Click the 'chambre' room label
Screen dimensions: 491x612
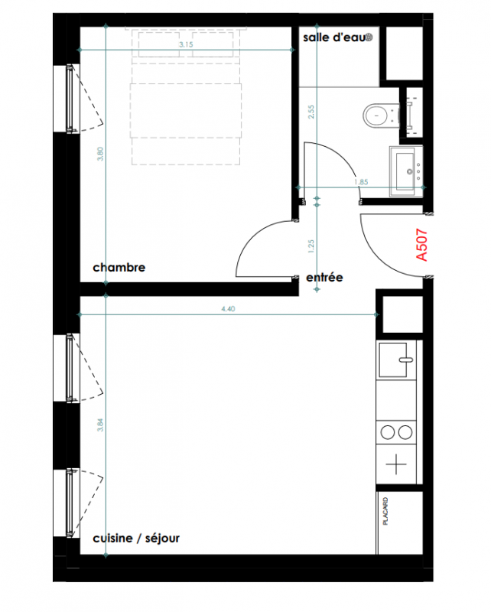119,267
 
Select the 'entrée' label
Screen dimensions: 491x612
324,278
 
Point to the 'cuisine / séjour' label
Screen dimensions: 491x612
136,539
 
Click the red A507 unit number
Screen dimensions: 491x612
422,245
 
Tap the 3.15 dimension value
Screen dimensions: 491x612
186,44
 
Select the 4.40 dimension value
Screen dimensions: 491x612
229,309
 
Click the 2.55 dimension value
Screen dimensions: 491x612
311,112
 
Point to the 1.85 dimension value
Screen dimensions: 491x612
361,182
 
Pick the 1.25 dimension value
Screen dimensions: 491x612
311,246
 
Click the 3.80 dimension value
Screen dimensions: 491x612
100,154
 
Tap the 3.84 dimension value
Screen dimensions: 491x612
100,425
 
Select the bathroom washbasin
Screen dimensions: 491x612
406,171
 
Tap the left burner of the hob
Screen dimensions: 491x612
388,432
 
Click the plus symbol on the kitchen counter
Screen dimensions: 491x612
396,464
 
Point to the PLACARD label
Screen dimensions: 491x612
385,511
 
